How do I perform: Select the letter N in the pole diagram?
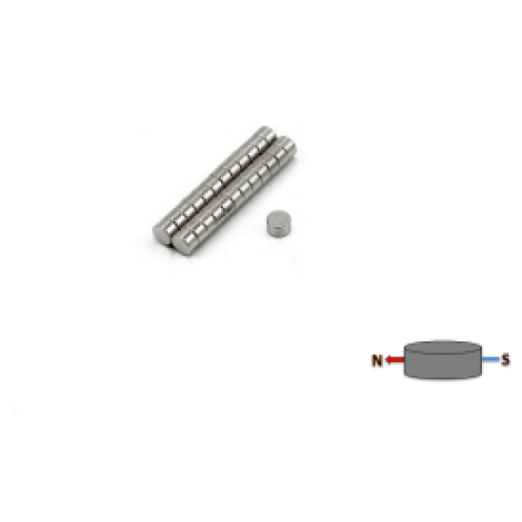(x=377, y=359)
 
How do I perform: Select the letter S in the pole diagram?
(x=506, y=358)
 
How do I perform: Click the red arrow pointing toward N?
(x=396, y=359)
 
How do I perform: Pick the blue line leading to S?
(x=490, y=358)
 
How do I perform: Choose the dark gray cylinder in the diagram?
(x=443, y=358)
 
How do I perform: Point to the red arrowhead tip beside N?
(x=388, y=359)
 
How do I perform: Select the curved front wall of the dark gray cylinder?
(x=443, y=367)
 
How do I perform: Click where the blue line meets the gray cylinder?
(x=483, y=358)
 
